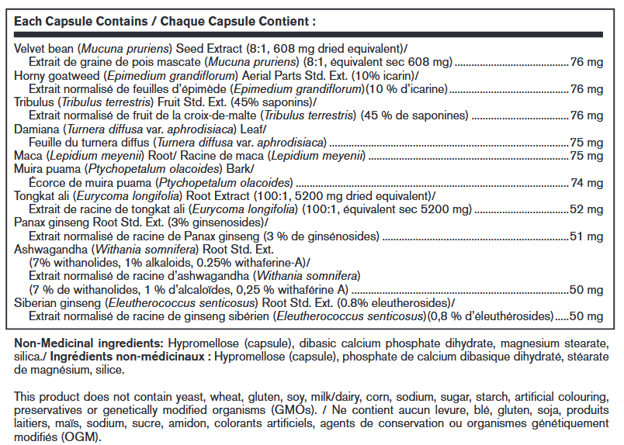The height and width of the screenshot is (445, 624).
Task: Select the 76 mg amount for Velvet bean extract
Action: (588, 61)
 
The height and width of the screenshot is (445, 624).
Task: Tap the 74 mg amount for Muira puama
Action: (588, 182)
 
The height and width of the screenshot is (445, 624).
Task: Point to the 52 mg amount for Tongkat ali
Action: (588, 210)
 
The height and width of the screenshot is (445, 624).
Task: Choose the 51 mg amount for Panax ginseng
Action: (588, 237)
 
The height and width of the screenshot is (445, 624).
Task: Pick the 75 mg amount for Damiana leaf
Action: (588, 143)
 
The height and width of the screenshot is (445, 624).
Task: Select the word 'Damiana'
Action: (38, 129)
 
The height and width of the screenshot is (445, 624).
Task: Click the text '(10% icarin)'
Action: (383, 75)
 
